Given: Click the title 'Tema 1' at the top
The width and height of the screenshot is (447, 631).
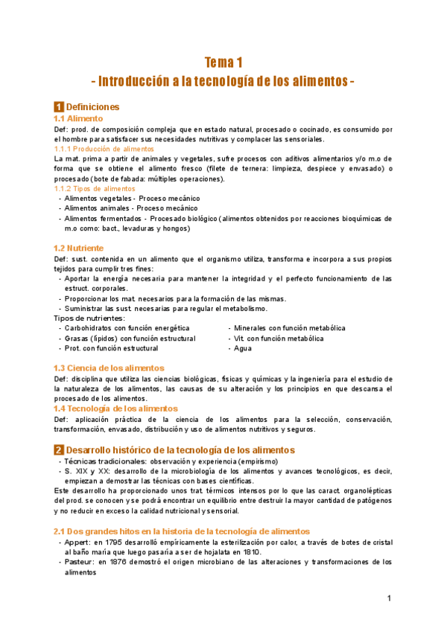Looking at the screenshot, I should [223, 62].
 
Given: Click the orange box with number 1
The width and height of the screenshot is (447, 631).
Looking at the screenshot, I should [59, 107].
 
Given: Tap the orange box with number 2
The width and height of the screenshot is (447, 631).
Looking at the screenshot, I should [59, 450].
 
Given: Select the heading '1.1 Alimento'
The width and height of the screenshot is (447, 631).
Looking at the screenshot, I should [78, 118].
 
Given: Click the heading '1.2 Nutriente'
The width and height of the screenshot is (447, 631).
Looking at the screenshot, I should [78, 248].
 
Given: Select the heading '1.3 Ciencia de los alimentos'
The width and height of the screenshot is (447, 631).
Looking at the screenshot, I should [109, 368].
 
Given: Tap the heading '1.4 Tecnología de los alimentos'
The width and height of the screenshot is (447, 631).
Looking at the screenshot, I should [115, 409].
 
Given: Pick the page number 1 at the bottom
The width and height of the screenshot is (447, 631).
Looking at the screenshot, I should [389, 598].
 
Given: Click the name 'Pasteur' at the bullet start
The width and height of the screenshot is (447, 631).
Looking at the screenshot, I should [79, 563].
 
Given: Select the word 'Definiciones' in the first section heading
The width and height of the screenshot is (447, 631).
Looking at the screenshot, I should [92, 107].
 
